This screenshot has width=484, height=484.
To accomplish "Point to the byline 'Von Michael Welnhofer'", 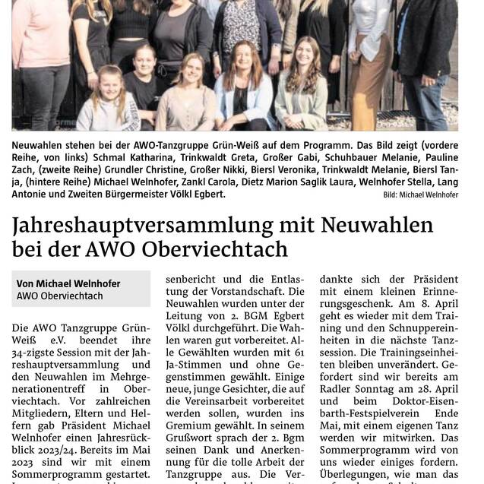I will point(68,283).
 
